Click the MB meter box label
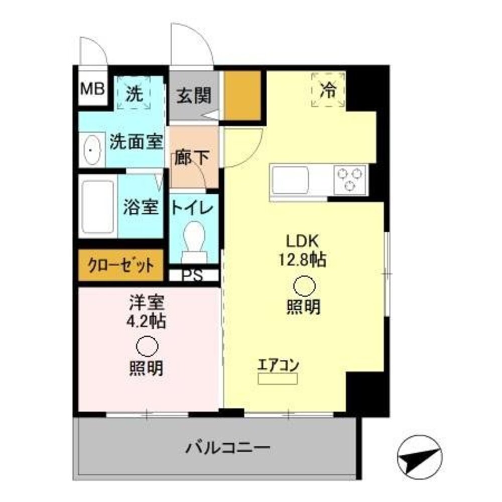coord(92,90)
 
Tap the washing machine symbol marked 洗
coord(134,93)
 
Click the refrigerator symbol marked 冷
coord(328,89)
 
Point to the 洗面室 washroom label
coord(136,143)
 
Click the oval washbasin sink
coord(90,150)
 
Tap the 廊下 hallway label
coord(192,158)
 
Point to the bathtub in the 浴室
coord(98,206)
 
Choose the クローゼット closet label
coord(120,265)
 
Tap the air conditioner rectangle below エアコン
coord(278,378)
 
